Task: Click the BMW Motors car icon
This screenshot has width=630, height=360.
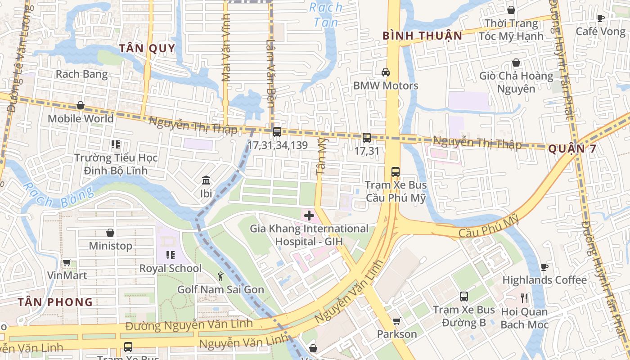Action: (x=386, y=72)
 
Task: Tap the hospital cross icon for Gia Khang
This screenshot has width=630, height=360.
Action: (x=309, y=216)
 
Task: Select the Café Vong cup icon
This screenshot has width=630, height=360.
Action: (x=600, y=18)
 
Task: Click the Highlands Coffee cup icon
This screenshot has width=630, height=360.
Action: (x=544, y=267)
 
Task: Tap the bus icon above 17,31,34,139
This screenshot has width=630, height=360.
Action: (x=277, y=132)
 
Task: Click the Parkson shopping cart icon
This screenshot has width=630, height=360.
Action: (x=396, y=321)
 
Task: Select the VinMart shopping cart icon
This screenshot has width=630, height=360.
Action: (x=67, y=262)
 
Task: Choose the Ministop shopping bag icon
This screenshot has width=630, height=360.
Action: (x=110, y=233)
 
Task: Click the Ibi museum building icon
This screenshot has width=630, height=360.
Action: (x=206, y=180)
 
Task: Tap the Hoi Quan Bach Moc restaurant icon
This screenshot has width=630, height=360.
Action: (x=524, y=298)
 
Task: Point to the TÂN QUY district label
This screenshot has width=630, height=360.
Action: (x=147, y=49)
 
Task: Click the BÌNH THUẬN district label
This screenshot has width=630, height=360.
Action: (x=422, y=36)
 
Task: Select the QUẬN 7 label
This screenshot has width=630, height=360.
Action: (x=572, y=149)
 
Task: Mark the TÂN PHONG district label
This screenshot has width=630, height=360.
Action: (x=55, y=302)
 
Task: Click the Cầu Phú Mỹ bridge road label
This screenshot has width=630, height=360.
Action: (x=489, y=227)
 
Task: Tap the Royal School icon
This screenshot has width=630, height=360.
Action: (x=171, y=255)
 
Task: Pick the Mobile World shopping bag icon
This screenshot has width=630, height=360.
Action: (x=81, y=105)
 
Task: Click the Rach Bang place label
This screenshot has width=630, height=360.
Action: (x=81, y=74)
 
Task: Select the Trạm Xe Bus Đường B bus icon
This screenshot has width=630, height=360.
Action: (x=464, y=297)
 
